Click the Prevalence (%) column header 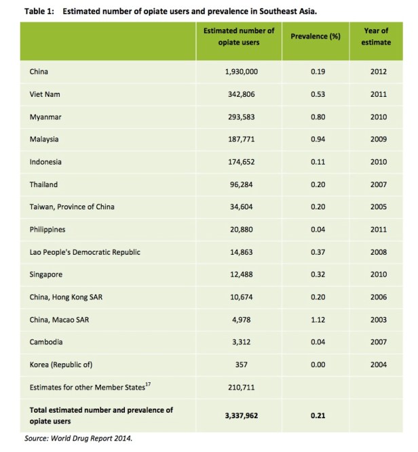(315, 36)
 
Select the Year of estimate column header (377, 36)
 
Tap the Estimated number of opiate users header (240, 36)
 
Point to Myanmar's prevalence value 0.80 (318, 117)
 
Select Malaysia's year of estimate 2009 (379, 139)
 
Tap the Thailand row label (43, 184)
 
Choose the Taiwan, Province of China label (75, 207)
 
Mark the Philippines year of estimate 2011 (379, 230)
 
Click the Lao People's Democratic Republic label (85, 252)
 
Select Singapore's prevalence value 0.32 (318, 274)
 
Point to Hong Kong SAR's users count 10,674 (241, 297)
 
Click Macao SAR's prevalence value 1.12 (318, 320)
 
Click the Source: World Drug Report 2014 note (78, 438)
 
